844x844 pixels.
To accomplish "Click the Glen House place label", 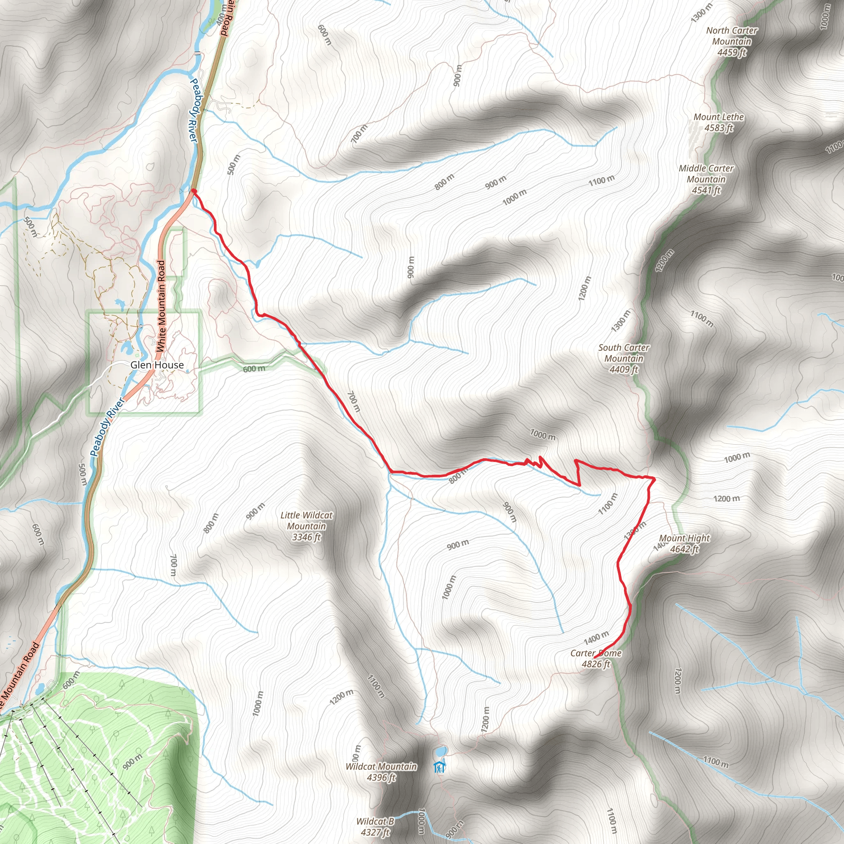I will coord(157,365).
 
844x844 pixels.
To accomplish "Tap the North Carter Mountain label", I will coord(732,42).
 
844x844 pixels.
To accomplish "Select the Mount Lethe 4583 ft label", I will coord(719,122).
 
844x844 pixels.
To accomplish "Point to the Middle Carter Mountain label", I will coord(706,179).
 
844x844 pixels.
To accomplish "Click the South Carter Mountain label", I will coord(624,359).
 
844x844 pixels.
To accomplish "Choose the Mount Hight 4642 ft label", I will coord(684,544).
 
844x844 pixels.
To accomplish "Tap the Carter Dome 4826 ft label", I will coord(596,659).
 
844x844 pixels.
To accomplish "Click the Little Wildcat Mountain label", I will coord(306,526).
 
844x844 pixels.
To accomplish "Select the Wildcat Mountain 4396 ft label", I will coord(381,772).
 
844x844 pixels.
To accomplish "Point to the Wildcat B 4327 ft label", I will coord(375,827).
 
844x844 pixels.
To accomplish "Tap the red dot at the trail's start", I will coord(193,191).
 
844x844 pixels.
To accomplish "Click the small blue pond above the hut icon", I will coord(439,751).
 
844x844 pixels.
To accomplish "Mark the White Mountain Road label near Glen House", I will coord(161,306).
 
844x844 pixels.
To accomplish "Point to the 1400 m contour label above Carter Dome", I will coord(596,638).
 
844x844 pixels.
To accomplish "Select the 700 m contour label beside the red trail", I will coord(354,401).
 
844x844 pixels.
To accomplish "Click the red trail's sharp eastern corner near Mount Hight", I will coord(654,479).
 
